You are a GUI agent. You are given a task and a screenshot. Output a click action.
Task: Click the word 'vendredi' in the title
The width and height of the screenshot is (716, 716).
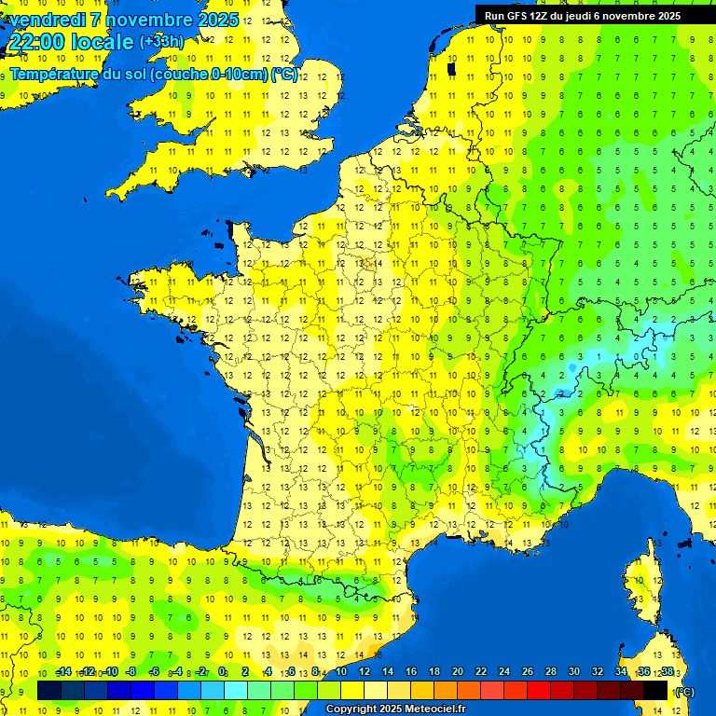[47, 20]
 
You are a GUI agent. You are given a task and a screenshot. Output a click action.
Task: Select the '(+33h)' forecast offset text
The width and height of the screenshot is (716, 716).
[161, 41]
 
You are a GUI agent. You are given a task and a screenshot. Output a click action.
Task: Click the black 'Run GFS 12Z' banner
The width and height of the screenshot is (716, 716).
[582, 15]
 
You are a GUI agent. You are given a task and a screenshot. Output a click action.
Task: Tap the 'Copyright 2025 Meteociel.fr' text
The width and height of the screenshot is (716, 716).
[395, 709]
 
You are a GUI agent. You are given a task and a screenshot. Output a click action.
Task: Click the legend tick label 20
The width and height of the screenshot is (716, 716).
[457, 672]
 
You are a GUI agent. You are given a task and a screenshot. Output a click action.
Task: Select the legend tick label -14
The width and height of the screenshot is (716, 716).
[63, 672]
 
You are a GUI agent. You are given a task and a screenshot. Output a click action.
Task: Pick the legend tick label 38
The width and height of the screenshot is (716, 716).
[668, 672]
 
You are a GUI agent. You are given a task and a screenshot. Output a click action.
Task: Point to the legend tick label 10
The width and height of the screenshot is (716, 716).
[340, 672]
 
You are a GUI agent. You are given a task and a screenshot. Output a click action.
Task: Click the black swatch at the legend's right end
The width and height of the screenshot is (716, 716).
[656, 689]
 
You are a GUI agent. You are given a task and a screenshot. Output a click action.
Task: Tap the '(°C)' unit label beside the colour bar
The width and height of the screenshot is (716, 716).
[685, 691]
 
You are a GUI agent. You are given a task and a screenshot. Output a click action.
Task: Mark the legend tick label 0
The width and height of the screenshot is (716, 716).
[222, 672]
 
